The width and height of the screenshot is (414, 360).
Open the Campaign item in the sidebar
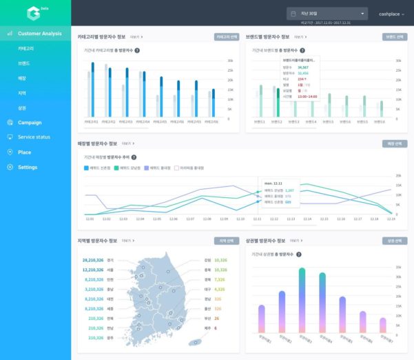click(x=30, y=122)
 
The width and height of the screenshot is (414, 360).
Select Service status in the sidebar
click(x=34, y=137)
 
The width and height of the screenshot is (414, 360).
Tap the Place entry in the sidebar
click(x=24, y=152)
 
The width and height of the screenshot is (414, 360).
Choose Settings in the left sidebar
click(x=28, y=167)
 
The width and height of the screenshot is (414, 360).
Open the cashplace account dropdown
click(x=391, y=14)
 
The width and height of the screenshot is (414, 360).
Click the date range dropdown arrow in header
click(x=362, y=13)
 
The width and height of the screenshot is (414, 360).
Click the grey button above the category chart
click(x=227, y=37)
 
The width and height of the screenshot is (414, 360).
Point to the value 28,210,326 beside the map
click(x=92, y=261)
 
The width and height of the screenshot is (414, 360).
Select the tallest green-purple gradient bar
click(x=302, y=300)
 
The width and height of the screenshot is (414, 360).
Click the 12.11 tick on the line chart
click(x=257, y=219)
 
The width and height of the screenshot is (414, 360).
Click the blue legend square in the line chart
click(x=87, y=168)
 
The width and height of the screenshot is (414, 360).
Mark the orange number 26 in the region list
click(x=216, y=319)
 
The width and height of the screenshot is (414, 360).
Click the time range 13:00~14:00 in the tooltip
click(x=308, y=97)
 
